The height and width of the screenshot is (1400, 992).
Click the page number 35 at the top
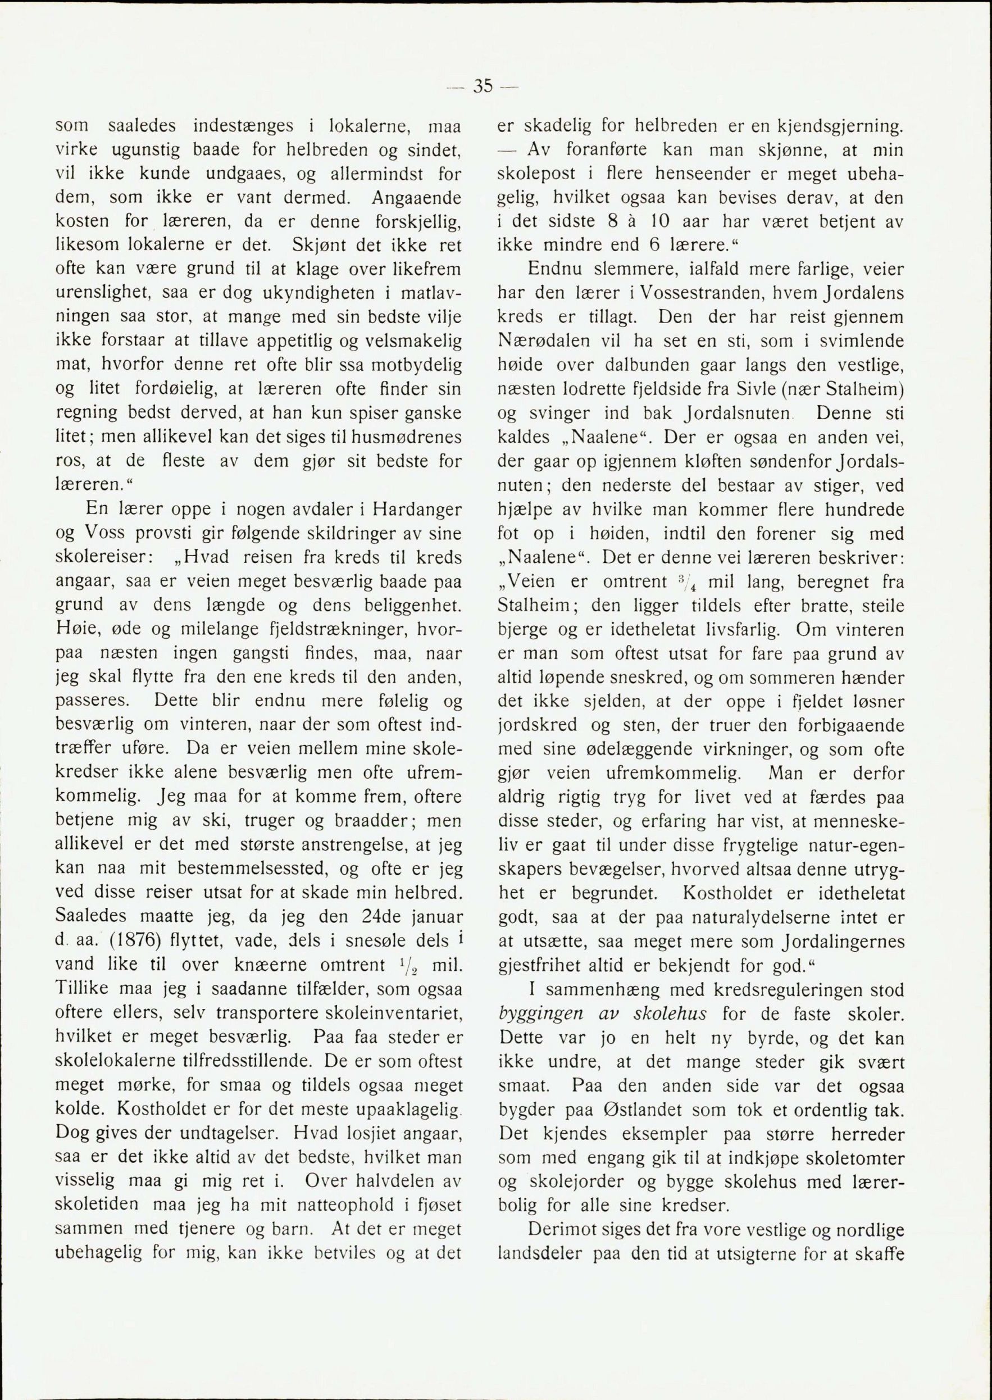tap(483, 87)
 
